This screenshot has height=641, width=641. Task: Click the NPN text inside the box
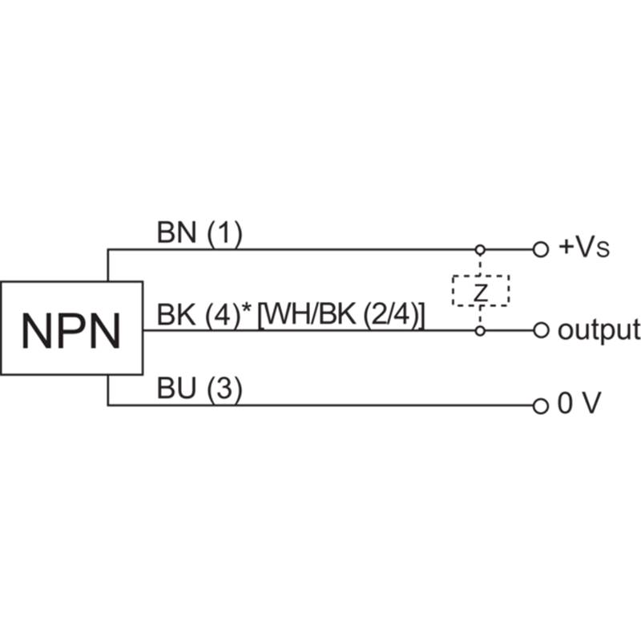coord(71,331)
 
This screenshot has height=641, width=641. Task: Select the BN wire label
coord(176,232)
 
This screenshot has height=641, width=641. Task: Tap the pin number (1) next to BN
coord(224,234)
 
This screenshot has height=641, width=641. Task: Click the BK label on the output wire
coord(176,315)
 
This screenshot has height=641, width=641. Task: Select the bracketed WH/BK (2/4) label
coord(341,316)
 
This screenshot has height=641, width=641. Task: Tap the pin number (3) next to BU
coord(224,389)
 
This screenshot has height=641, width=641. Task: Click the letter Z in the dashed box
coord(481,292)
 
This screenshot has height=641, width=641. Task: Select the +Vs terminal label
coord(584,248)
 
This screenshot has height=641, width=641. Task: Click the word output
coord(599,331)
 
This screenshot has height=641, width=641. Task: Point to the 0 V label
coord(579,403)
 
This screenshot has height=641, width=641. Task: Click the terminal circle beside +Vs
coord(540,249)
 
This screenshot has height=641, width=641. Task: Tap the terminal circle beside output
coord(540,330)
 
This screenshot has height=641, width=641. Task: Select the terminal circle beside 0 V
coord(540,406)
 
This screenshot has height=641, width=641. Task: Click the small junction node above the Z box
coord(480,249)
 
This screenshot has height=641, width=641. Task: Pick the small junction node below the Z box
coord(480,330)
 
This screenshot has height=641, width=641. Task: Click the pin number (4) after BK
coord(223,316)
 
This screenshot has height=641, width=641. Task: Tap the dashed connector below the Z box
coord(480,316)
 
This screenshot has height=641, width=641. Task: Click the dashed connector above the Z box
coord(480,265)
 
